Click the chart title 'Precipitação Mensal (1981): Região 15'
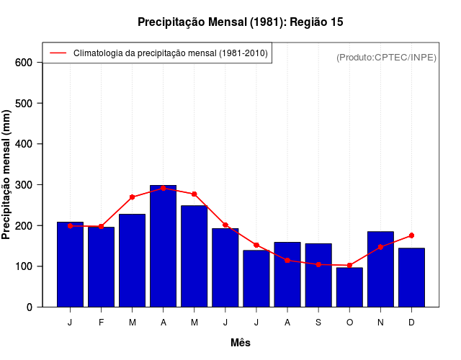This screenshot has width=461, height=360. [241, 22]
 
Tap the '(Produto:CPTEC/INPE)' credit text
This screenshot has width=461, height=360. [386, 57]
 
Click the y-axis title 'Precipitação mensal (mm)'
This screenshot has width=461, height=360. [7, 174]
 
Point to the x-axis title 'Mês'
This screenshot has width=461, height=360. [241, 343]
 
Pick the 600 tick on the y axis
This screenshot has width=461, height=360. [23, 63]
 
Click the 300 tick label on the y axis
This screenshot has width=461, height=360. [23, 185]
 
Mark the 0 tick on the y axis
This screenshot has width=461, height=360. [29, 307]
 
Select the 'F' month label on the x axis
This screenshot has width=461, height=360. [101, 323]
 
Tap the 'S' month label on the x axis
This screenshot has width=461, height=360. [318, 323]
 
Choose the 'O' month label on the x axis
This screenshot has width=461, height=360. [349, 323]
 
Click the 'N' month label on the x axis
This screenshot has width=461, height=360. [380, 323]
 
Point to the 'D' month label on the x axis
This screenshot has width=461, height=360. [411, 323]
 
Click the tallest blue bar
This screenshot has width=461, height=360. [163, 246]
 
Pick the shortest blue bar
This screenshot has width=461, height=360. [349, 287]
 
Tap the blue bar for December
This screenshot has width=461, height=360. [411, 277]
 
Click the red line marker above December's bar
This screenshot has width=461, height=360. [411, 235]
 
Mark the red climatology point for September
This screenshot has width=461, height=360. [318, 264]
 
